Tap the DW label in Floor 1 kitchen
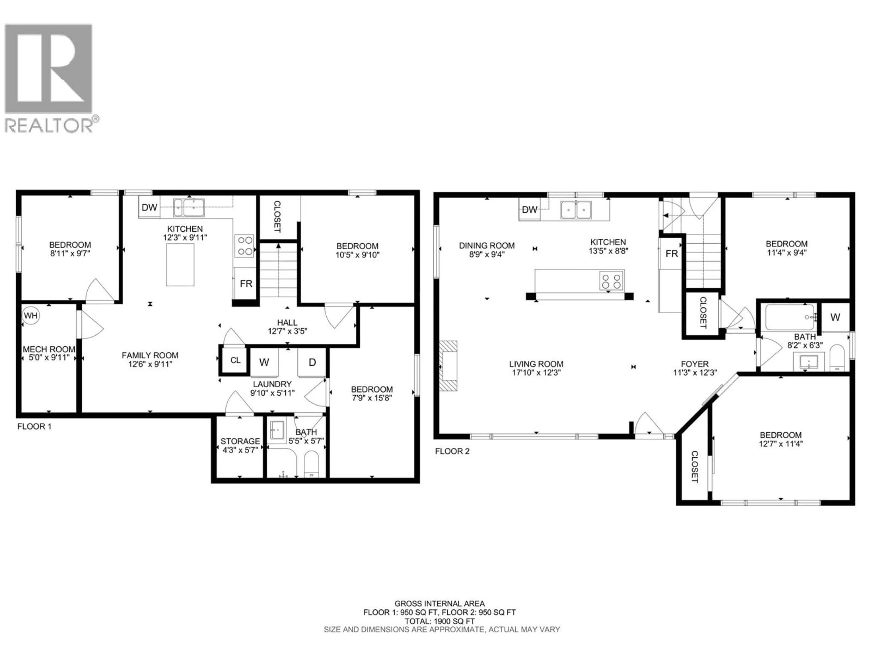click(149, 207)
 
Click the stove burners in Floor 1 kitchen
click(244, 246)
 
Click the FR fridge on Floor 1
click(246, 283)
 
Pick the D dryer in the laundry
click(312, 362)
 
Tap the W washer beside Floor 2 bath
click(835, 317)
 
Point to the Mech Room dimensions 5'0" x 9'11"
click(49, 358)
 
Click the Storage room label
click(240, 441)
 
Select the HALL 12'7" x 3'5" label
click(287, 327)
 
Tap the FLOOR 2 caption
click(452, 451)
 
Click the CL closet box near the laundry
click(235, 360)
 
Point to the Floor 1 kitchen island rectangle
click(180, 265)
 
